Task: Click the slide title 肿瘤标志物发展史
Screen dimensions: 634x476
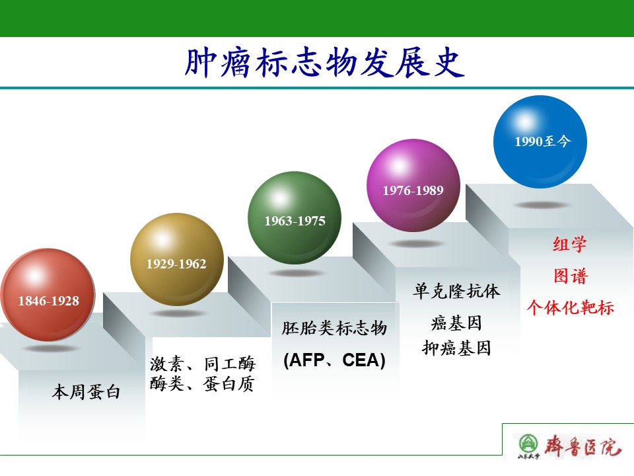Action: tap(324, 62)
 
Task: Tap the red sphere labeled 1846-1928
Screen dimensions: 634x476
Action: tap(48, 295)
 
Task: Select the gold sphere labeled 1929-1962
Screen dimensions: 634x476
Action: tap(177, 259)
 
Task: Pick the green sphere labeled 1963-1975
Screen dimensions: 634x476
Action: tap(295, 218)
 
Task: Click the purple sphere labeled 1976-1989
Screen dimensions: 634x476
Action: tap(413, 185)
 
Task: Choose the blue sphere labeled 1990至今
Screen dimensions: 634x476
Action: tap(540, 141)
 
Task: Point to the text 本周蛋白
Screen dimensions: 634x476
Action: tap(86, 392)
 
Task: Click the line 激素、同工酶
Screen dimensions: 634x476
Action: tap(203, 364)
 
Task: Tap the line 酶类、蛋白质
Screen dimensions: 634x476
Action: tap(202, 383)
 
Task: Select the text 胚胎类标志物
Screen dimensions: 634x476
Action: tap(334, 328)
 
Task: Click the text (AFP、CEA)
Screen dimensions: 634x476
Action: tap(334, 360)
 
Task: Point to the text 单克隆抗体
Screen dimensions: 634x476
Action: tap(456, 291)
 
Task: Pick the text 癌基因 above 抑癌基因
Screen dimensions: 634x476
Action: tap(456, 323)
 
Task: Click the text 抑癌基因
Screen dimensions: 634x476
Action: tap(456, 348)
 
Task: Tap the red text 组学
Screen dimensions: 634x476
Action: tap(570, 244)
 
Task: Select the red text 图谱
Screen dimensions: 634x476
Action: tap(570, 276)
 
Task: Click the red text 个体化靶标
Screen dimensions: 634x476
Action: tap(570, 307)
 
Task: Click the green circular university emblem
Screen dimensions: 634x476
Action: tap(528, 444)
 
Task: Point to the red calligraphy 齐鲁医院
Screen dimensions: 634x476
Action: tap(582, 446)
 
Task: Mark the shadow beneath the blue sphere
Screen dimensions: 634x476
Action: tap(542, 205)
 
